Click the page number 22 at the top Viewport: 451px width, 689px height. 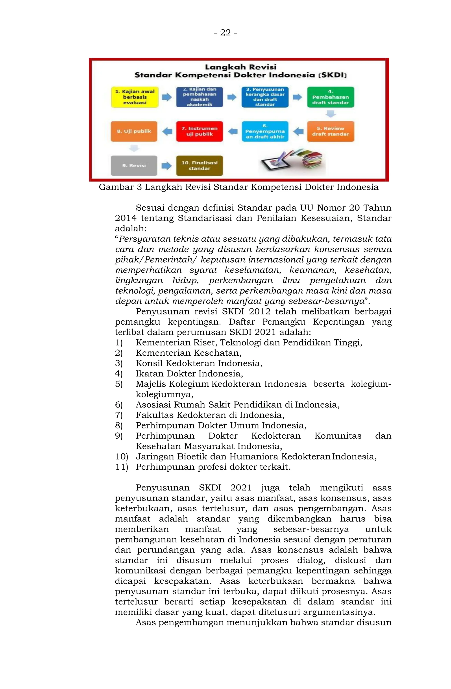tap(225, 33)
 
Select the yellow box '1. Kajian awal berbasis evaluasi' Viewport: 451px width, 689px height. tap(135, 97)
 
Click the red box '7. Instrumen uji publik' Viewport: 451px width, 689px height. tap(199, 131)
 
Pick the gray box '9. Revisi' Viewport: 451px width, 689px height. tap(134, 165)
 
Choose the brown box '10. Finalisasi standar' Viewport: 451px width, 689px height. tap(199, 165)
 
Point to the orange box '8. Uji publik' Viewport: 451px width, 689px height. tap(134, 131)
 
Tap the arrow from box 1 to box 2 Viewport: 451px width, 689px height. tap(167, 97)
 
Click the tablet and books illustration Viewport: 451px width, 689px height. tap(292, 161)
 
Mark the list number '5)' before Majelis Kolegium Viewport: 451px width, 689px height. tap(119, 384)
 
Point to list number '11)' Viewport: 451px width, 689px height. tap(121, 467)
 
